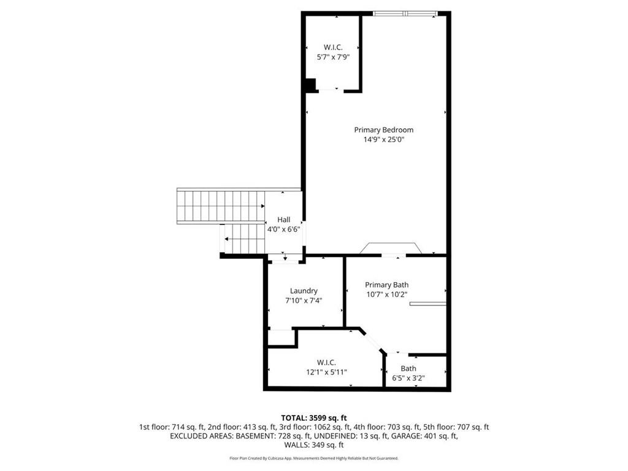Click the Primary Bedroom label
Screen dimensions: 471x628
click(x=383, y=130)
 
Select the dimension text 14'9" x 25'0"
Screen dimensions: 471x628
click(x=383, y=140)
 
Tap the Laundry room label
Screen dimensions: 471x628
click(x=304, y=291)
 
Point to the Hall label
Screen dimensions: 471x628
click(x=283, y=220)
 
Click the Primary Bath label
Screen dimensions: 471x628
click(x=386, y=285)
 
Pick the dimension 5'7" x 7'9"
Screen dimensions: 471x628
click(x=333, y=57)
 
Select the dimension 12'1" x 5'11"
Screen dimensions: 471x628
click(x=326, y=372)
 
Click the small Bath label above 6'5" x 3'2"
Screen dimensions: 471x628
click(x=408, y=369)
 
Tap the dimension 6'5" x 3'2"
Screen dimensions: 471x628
click(x=408, y=378)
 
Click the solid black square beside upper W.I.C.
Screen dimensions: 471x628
click(x=310, y=85)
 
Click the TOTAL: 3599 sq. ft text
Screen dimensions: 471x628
click(x=313, y=418)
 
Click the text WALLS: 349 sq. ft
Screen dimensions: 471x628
click(x=313, y=445)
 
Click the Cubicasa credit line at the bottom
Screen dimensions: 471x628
click(x=313, y=458)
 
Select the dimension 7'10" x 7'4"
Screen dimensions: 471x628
click(x=304, y=301)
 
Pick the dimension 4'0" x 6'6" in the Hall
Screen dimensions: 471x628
click(x=283, y=229)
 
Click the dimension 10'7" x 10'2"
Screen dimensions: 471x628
click(x=386, y=294)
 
